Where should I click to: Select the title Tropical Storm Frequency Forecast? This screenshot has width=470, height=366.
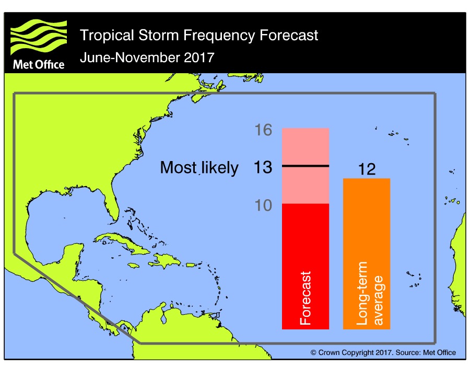(198, 36)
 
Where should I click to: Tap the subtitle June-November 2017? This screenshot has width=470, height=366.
(147, 57)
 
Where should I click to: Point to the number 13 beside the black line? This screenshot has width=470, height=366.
(263, 167)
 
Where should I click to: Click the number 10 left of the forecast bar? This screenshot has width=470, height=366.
(263, 205)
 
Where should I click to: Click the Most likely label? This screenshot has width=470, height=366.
(199, 167)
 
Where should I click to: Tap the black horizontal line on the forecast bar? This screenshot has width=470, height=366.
(305, 166)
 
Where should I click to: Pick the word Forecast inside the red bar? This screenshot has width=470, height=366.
(305, 298)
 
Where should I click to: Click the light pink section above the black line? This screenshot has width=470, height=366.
(305, 146)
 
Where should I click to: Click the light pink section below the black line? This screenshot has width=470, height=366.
(305, 185)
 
